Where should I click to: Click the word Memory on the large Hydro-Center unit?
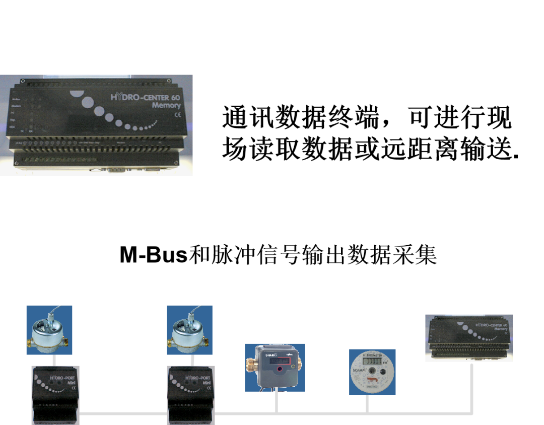click(166, 106)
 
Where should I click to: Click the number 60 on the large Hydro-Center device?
click(175, 97)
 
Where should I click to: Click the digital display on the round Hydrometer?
click(372, 361)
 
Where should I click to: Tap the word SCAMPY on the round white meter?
click(359, 370)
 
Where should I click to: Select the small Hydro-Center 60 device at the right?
click(469, 338)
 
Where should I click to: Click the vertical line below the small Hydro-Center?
click(471, 388)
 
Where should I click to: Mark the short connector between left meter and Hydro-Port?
click(54, 360)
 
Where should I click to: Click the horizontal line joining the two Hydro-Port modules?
click(123, 414)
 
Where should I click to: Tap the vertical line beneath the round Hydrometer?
click(367, 404)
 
